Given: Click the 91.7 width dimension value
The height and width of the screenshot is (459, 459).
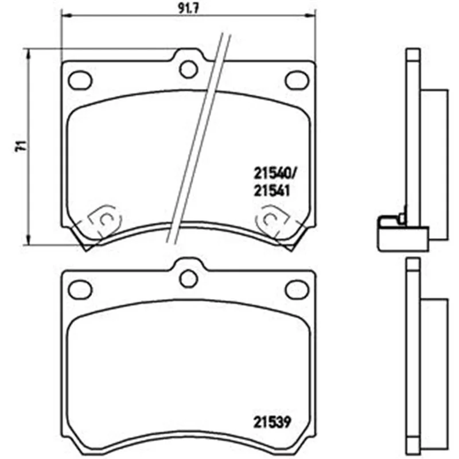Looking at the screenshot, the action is coord(189,8).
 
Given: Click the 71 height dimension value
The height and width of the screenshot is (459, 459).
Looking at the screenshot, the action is coord(21,146).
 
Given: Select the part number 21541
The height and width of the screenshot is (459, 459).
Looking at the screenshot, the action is coord(271,191).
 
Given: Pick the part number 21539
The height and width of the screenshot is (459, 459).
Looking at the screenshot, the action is coord(272,422).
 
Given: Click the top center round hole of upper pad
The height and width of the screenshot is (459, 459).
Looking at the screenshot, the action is coord(189,69).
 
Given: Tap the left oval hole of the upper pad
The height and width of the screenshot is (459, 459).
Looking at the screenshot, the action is coord(80,80).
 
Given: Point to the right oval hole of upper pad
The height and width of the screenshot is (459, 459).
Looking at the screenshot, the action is coord(297,80).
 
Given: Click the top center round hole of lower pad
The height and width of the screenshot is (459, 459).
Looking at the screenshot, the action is coord(189,279).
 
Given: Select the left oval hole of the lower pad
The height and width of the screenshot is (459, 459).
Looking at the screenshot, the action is coord(80,290).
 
